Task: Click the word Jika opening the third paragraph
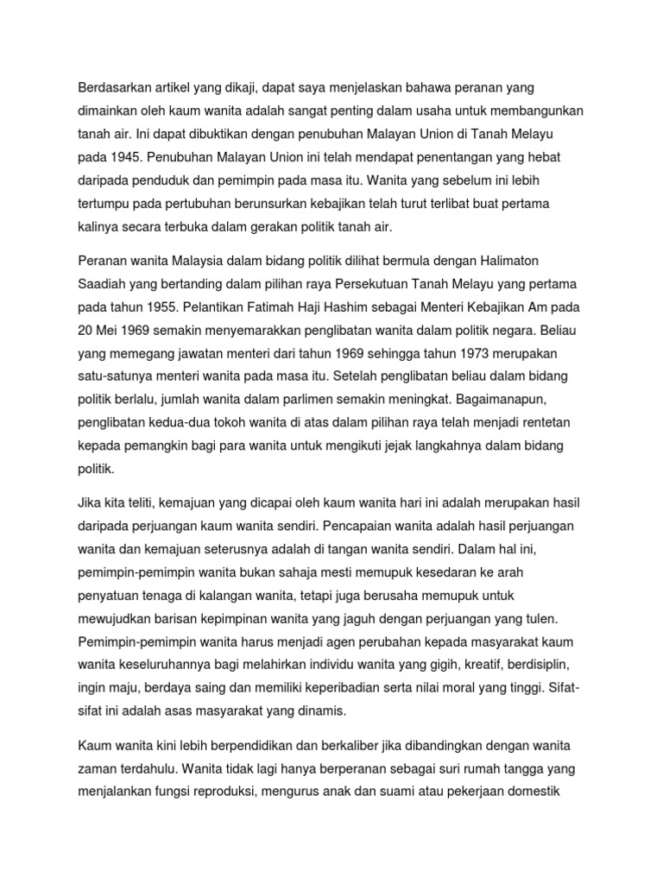pyautogui.click(x=92, y=503)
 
